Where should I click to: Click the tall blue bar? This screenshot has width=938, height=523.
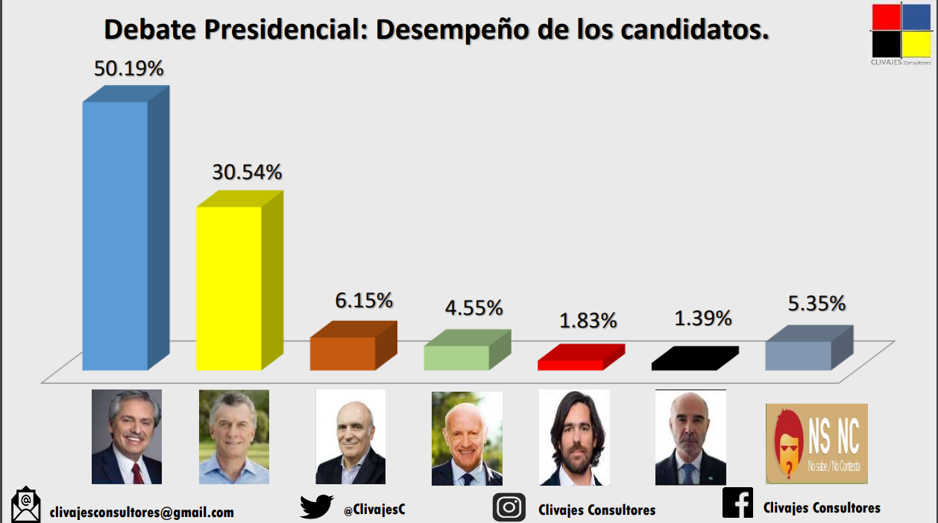click(116, 235)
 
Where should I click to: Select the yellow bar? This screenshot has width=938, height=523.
click(229, 287)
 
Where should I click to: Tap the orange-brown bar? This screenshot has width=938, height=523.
click(343, 353)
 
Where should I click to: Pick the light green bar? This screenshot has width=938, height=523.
click(456, 357)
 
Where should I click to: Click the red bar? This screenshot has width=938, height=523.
click(570, 364)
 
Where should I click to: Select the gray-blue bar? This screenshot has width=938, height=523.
click(798, 355)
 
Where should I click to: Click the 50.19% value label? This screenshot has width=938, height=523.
click(128, 69)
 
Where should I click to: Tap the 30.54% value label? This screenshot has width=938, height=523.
click(247, 172)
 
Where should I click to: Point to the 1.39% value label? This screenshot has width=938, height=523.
click(703, 319)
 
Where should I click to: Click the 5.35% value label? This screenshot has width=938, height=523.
click(816, 304)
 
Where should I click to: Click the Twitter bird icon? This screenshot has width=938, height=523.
click(317, 507)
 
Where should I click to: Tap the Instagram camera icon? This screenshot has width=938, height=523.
click(509, 507)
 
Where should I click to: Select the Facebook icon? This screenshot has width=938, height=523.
click(737, 502)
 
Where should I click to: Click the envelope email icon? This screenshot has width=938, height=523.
click(26, 506)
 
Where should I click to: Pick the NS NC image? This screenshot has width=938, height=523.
click(816, 444)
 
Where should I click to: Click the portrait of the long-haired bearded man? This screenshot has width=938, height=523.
click(574, 437)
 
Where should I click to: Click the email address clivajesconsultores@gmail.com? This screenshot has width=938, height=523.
click(142, 513)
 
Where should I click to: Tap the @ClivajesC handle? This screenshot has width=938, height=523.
click(374, 510)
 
